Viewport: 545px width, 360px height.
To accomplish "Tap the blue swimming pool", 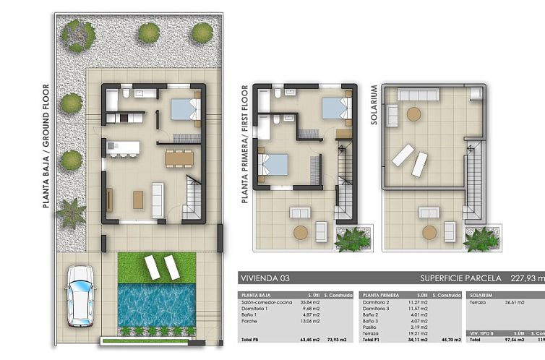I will point(155,304).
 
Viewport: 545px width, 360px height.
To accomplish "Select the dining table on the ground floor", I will point(179,158).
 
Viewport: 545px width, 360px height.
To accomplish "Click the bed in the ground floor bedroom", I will point(185,110).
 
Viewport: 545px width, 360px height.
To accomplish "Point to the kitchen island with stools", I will point(122,147).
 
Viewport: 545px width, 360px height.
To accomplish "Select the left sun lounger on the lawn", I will point(153,267).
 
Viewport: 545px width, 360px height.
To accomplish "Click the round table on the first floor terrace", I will point(300,232).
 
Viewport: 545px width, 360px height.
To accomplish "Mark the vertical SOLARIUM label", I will point(374,106).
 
